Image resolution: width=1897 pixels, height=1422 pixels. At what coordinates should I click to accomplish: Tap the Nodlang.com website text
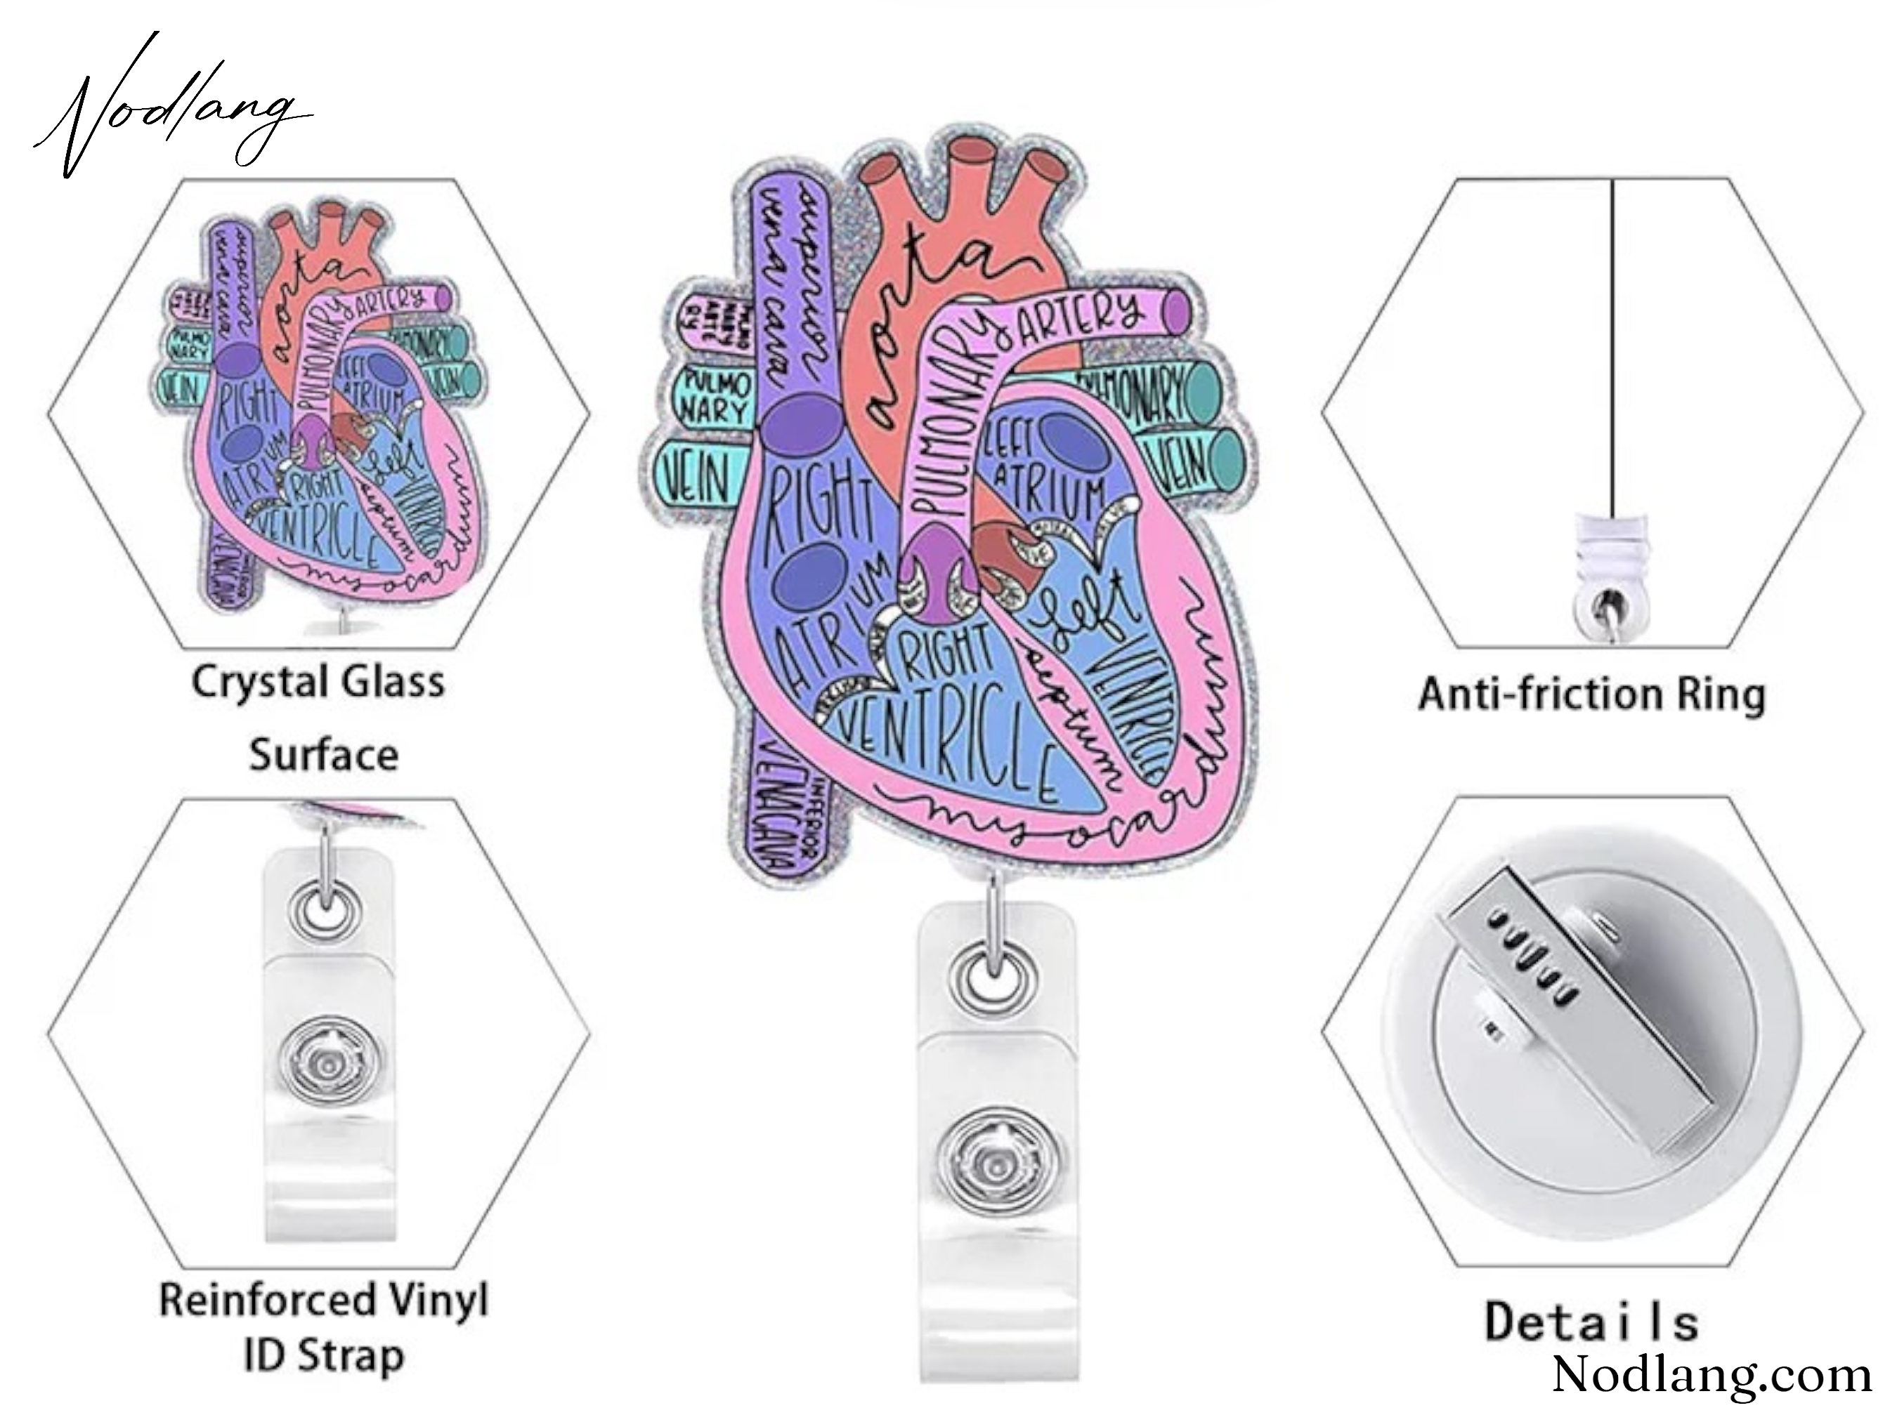(x=1711, y=1374)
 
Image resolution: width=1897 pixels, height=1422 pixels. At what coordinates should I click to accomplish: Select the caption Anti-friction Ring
(x=1591, y=694)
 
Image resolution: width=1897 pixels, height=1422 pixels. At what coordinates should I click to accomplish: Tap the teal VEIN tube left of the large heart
(x=696, y=477)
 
